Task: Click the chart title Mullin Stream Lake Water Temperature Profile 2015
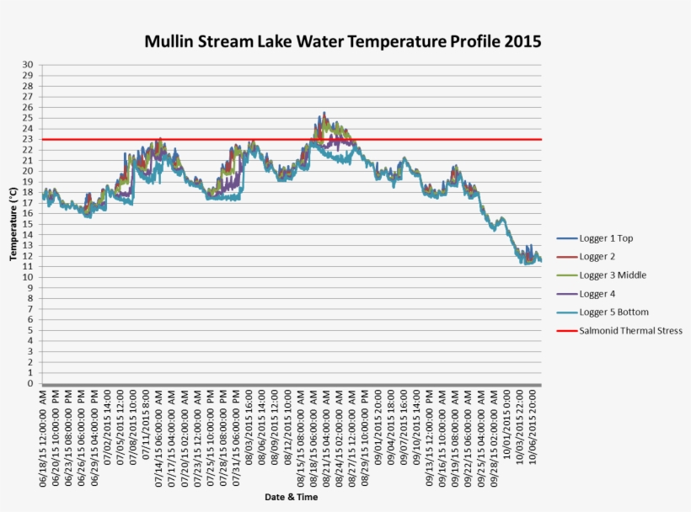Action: click(x=342, y=41)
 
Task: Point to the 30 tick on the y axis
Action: click(x=29, y=65)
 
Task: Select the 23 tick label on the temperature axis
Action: click(x=29, y=139)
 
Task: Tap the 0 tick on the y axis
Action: click(x=31, y=383)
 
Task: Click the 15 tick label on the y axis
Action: click(x=29, y=224)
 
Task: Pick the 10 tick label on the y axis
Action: click(x=29, y=277)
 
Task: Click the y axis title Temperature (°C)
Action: click(x=13, y=224)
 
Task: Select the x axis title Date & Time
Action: click(x=292, y=497)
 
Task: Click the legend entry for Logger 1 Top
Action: click(x=605, y=238)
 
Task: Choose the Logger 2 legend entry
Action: click(x=597, y=257)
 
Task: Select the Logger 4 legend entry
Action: click(x=597, y=294)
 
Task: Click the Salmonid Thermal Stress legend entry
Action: click(x=629, y=331)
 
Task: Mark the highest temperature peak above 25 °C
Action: click(x=324, y=114)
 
